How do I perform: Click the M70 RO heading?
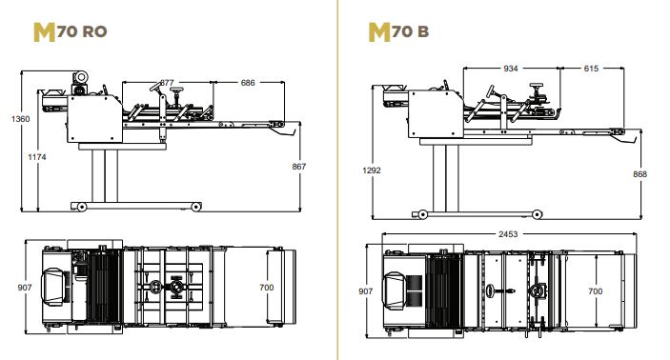[71, 31]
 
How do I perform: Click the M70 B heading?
[398, 31]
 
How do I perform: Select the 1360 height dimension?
[21, 119]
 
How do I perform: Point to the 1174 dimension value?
[37, 157]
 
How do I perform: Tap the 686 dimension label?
[248, 83]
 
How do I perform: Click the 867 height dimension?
[299, 167]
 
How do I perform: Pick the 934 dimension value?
[511, 69]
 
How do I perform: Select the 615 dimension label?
[591, 69]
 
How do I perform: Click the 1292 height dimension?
[372, 170]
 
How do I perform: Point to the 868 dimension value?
[640, 174]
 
